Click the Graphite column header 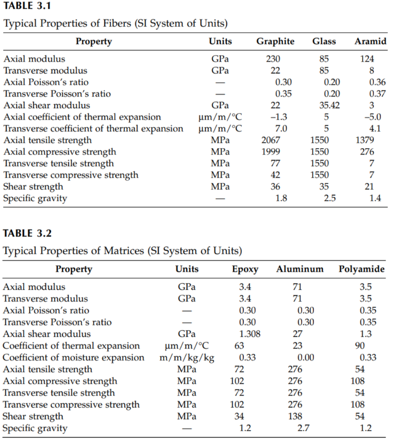[x=275, y=42]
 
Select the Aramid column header [x=370, y=42]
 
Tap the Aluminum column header [x=300, y=269]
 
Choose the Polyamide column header [x=361, y=269]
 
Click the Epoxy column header [x=245, y=269]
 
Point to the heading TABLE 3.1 [x=27, y=7]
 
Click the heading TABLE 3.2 [x=27, y=233]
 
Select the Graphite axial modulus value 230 [x=273, y=59]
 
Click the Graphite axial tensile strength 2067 [x=271, y=140]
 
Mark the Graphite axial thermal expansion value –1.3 [x=278, y=117]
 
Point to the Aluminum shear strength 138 [x=295, y=416]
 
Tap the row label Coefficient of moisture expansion [x=73, y=358]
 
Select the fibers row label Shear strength [x=33, y=187]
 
